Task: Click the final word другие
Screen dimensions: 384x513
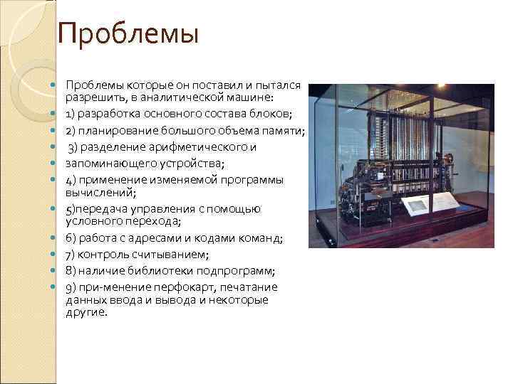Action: [x=86, y=311]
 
